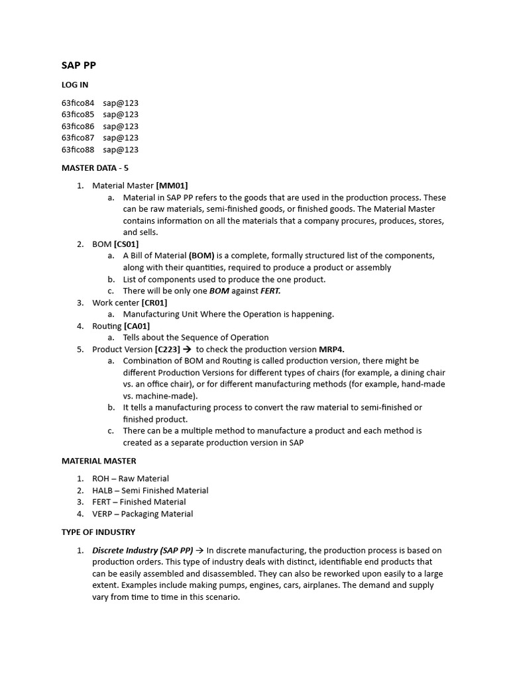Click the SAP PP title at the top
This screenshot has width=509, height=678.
(79, 65)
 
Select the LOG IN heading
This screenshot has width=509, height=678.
(75, 85)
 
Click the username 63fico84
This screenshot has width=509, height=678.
(78, 103)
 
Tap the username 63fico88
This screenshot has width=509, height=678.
(78, 150)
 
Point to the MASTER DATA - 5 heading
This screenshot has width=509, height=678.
(95, 168)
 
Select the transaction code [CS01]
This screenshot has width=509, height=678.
(126, 244)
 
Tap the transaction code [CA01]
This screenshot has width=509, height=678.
(137, 326)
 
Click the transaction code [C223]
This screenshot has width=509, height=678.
(168, 349)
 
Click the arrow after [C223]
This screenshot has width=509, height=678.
(188, 349)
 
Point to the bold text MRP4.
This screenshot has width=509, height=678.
(333, 349)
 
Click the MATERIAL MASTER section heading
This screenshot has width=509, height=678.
(99, 461)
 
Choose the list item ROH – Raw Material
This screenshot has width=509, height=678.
(131, 479)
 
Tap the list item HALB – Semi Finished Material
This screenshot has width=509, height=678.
(150, 491)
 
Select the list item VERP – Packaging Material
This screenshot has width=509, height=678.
(142, 514)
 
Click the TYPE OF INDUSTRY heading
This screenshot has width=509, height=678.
(98, 532)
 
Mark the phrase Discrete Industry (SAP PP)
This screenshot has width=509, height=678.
(142, 550)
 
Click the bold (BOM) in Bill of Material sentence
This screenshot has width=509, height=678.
(201, 256)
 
